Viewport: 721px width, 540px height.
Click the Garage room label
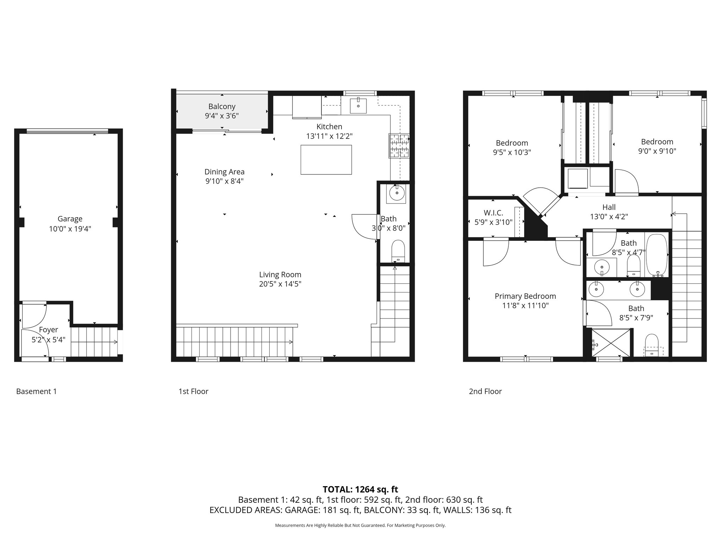click(70, 219)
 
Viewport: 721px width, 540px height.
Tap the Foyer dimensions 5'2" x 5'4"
click(49, 340)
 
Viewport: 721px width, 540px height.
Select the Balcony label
click(222, 107)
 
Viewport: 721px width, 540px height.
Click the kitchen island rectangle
click(326, 160)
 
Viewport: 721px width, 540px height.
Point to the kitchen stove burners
click(399, 146)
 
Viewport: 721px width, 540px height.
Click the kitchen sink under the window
click(358, 105)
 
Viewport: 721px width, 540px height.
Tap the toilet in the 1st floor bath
click(398, 251)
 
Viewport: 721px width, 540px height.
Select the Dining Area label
click(224, 172)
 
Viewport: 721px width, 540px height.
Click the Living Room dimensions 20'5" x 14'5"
click(280, 284)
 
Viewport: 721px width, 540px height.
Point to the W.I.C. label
click(493, 213)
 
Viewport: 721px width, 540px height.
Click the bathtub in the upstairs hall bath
click(657, 255)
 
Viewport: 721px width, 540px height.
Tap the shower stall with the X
click(611, 343)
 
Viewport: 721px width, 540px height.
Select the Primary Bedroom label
click(525, 296)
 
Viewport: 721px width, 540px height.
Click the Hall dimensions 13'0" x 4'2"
click(609, 217)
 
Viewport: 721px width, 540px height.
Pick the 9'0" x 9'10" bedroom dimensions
click(657, 151)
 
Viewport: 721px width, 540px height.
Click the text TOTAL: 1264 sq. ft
click(360, 489)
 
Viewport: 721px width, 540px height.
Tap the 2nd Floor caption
click(485, 391)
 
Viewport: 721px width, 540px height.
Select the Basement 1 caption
click(36, 391)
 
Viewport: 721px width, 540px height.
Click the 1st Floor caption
click(193, 391)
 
